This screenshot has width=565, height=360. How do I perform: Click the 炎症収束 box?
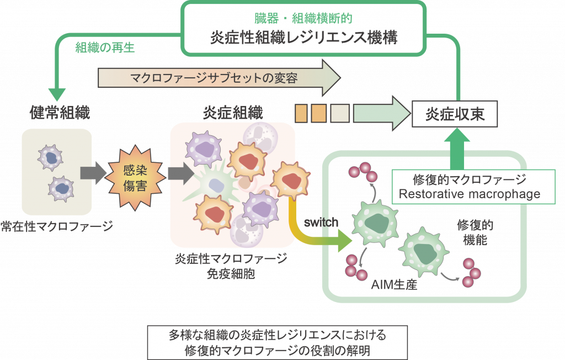coord(455,115)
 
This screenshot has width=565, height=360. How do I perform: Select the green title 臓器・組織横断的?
coord(304,19)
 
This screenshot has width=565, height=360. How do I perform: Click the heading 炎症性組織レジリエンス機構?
coord(304,38)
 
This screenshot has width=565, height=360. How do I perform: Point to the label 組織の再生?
coord(105,47)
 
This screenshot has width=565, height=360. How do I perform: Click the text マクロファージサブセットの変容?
coord(214,78)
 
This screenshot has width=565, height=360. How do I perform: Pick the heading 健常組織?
coord(60,113)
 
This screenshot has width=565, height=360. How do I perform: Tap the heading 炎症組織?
coord(233,113)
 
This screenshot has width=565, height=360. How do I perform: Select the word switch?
coord(321,223)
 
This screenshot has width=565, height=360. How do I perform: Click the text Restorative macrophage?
coord(469,194)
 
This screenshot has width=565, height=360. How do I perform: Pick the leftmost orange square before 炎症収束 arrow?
coord(301,113)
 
